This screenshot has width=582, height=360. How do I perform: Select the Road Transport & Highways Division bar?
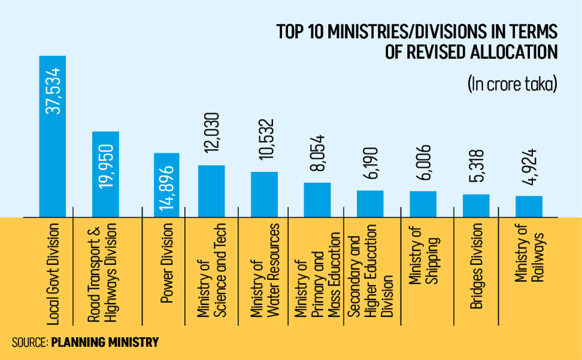[x=105, y=174]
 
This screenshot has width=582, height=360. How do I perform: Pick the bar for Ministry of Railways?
[x=529, y=206]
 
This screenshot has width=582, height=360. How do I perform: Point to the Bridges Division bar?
[x=476, y=205]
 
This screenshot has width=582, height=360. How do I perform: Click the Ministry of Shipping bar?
[x=423, y=204]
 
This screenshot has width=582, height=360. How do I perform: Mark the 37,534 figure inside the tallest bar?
[x=53, y=90]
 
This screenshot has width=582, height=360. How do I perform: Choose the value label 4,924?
[x=529, y=171]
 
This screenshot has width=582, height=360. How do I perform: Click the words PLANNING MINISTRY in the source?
[x=105, y=343]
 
